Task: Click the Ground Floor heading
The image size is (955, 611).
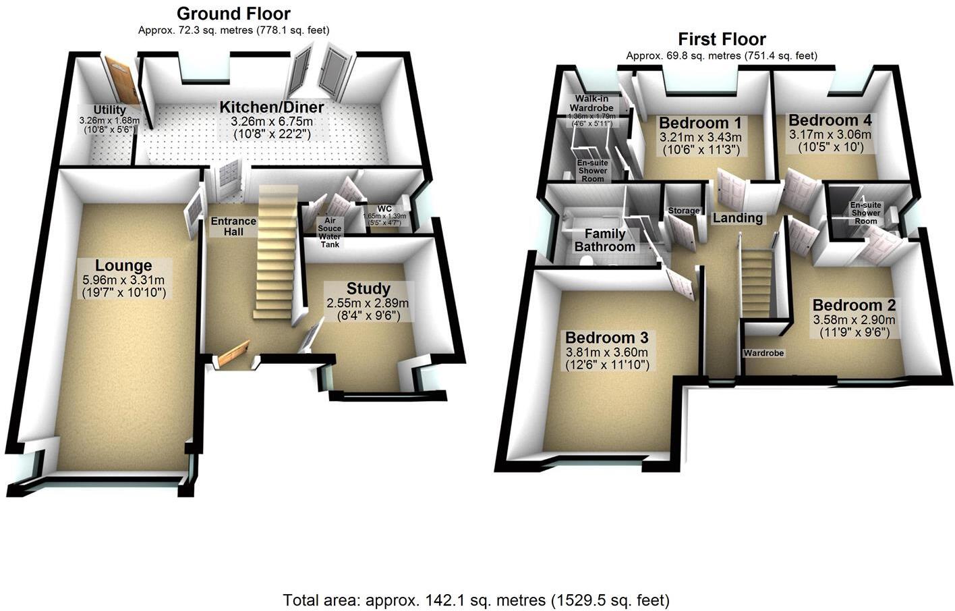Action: click(x=233, y=14)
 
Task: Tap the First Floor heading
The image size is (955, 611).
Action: click(x=722, y=38)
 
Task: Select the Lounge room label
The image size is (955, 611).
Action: click(x=123, y=265)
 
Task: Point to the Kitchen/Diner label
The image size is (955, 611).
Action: click(x=272, y=107)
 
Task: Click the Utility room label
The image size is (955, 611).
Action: click(x=109, y=110)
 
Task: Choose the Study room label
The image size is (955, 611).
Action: click(x=368, y=288)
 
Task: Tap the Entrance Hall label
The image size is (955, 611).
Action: click(x=233, y=226)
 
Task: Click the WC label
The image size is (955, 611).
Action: click(x=385, y=209)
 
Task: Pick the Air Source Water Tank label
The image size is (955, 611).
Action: click(x=330, y=232)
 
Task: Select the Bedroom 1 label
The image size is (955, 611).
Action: click(x=700, y=123)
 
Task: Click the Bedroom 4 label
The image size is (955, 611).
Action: click(x=830, y=120)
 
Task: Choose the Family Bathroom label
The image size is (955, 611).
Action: click(x=604, y=240)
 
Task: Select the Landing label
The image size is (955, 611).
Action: click(x=738, y=218)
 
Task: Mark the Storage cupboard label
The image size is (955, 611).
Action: click(x=684, y=211)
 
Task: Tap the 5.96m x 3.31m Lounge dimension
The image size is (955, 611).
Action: click(x=123, y=280)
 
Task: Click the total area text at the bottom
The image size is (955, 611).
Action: click(x=476, y=600)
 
